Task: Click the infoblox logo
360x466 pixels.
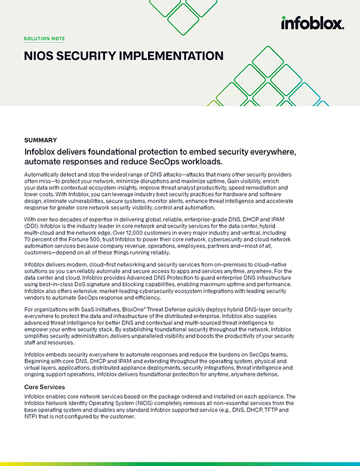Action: [x=312, y=23]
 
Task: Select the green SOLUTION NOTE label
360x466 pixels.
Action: [x=44, y=39]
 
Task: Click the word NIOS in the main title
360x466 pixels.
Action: [x=39, y=56]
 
